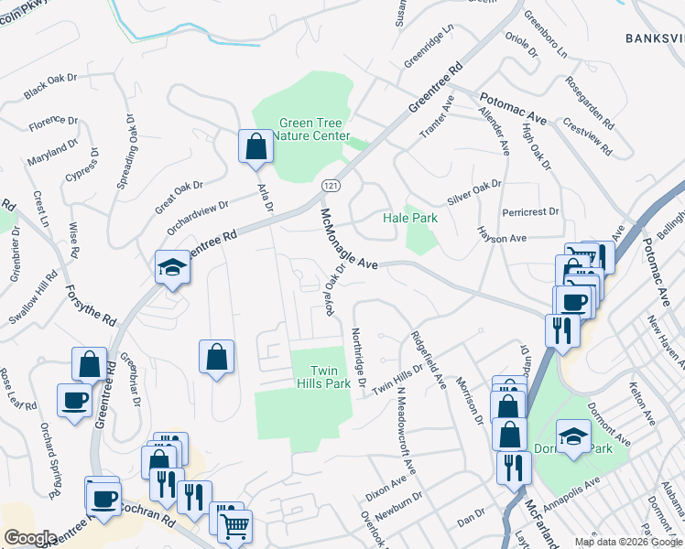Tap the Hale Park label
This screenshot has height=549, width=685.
pyautogui.click(x=409, y=218)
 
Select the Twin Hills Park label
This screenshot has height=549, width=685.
pyautogui.click(x=323, y=377)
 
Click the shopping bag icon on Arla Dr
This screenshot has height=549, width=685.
pyautogui.click(x=256, y=146)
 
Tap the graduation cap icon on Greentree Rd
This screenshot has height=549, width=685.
pyautogui.click(x=171, y=268)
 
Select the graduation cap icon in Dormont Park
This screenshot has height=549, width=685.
pyautogui.click(x=573, y=437)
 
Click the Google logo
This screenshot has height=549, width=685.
pyautogui.click(x=30, y=537)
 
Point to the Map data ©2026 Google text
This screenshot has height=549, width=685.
pyautogui.click(x=628, y=542)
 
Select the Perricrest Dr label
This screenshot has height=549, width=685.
pyautogui.click(x=530, y=212)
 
